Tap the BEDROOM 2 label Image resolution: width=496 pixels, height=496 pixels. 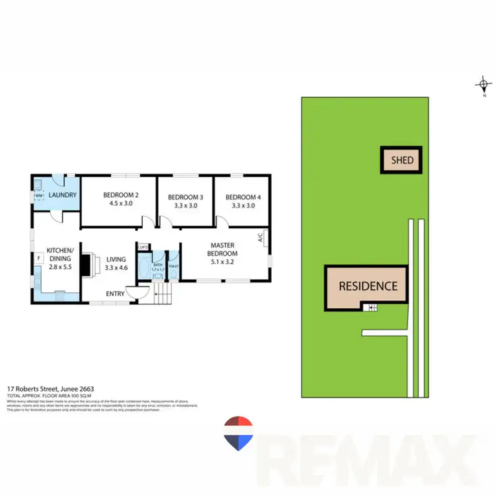[120, 195]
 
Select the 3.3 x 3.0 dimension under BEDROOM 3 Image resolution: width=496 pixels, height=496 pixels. [185, 206]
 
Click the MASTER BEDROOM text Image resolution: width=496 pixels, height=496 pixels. [224, 249]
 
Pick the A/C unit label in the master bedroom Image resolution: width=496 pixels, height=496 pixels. [261, 236]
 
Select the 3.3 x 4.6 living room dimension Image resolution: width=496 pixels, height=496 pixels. [116, 268]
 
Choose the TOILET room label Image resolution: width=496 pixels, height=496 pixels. [173, 267]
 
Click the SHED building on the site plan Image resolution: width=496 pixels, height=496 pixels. [401, 159]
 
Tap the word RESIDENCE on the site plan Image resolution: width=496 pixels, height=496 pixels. [368, 286]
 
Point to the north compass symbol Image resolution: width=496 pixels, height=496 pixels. [484, 85]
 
